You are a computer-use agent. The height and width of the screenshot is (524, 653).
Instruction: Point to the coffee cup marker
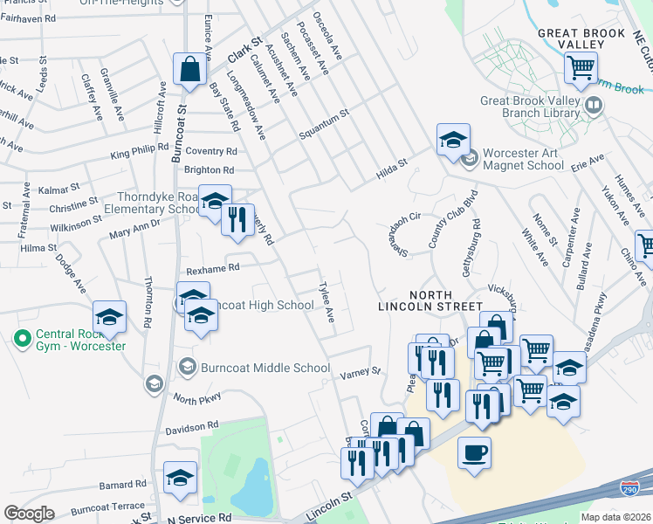pyautogui.click(x=474, y=454)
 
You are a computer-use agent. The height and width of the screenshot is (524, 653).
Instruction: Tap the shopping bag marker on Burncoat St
pyautogui.click(x=189, y=69)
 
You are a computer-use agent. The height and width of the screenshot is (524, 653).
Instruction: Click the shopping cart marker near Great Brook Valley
pyautogui.click(x=581, y=67)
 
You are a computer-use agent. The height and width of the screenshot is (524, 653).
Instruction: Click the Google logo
pyautogui.click(x=29, y=513)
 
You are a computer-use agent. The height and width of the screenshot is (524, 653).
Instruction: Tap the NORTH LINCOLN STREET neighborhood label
pyautogui.click(x=430, y=300)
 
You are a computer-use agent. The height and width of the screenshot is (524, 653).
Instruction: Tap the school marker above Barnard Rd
pyautogui.click(x=180, y=479)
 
